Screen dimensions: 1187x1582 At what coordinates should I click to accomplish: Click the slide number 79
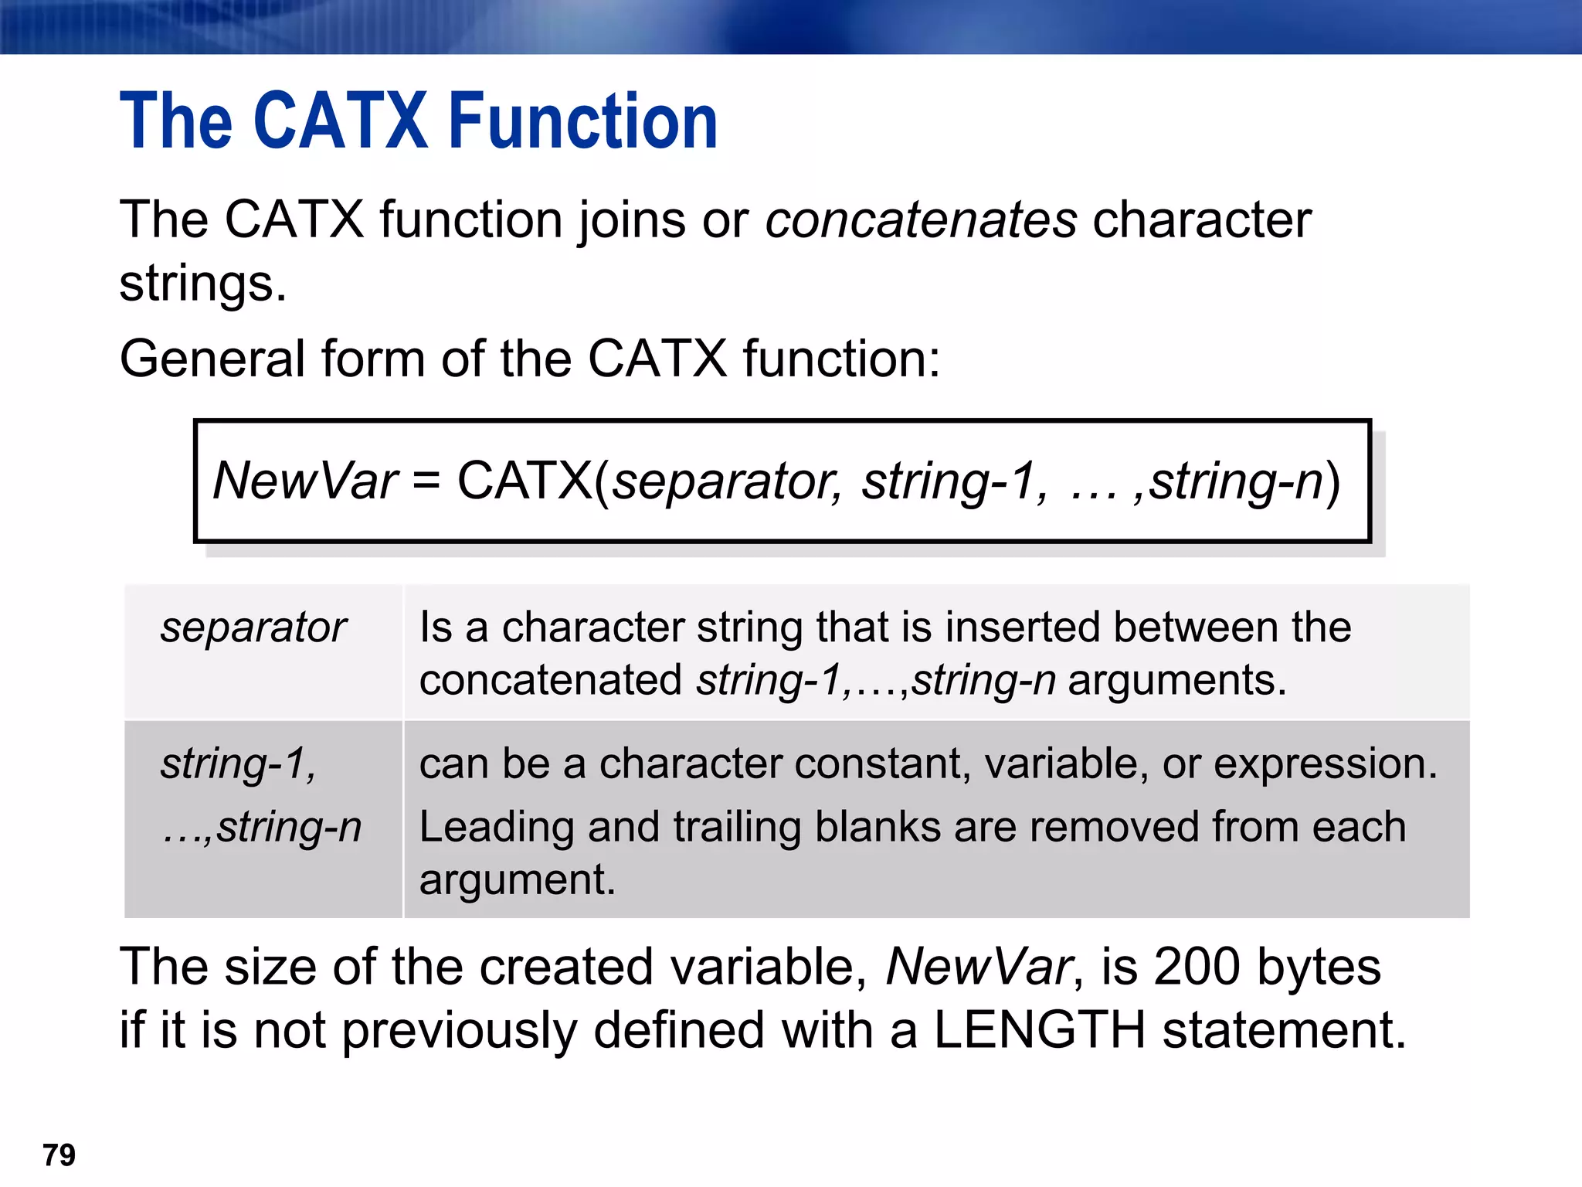(x=59, y=1155)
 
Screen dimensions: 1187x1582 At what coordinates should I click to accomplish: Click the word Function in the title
(x=583, y=121)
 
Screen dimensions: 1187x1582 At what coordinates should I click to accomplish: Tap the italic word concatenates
(x=921, y=220)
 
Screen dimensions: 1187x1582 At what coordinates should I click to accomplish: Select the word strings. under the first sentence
(x=203, y=284)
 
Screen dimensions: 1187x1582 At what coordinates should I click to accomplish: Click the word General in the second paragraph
(x=212, y=359)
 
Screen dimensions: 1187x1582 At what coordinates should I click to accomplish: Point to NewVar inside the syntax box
(x=305, y=481)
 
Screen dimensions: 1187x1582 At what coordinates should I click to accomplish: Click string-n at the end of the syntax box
(x=1237, y=481)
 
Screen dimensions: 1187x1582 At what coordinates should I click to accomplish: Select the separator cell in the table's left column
(x=253, y=628)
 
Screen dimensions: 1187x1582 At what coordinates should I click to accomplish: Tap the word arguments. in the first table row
(x=1177, y=681)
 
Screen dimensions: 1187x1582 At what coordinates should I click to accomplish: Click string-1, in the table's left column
(x=238, y=764)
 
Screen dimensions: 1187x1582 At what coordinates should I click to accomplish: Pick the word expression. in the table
(x=1326, y=764)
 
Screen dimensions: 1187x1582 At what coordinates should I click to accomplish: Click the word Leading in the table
(x=496, y=827)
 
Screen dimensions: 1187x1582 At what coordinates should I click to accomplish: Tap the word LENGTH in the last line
(x=1040, y=1030)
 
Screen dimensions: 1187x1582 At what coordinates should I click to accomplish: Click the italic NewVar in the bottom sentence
(x=978, y=967)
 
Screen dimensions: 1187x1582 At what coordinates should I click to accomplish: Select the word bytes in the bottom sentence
(x=1319, y=967)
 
